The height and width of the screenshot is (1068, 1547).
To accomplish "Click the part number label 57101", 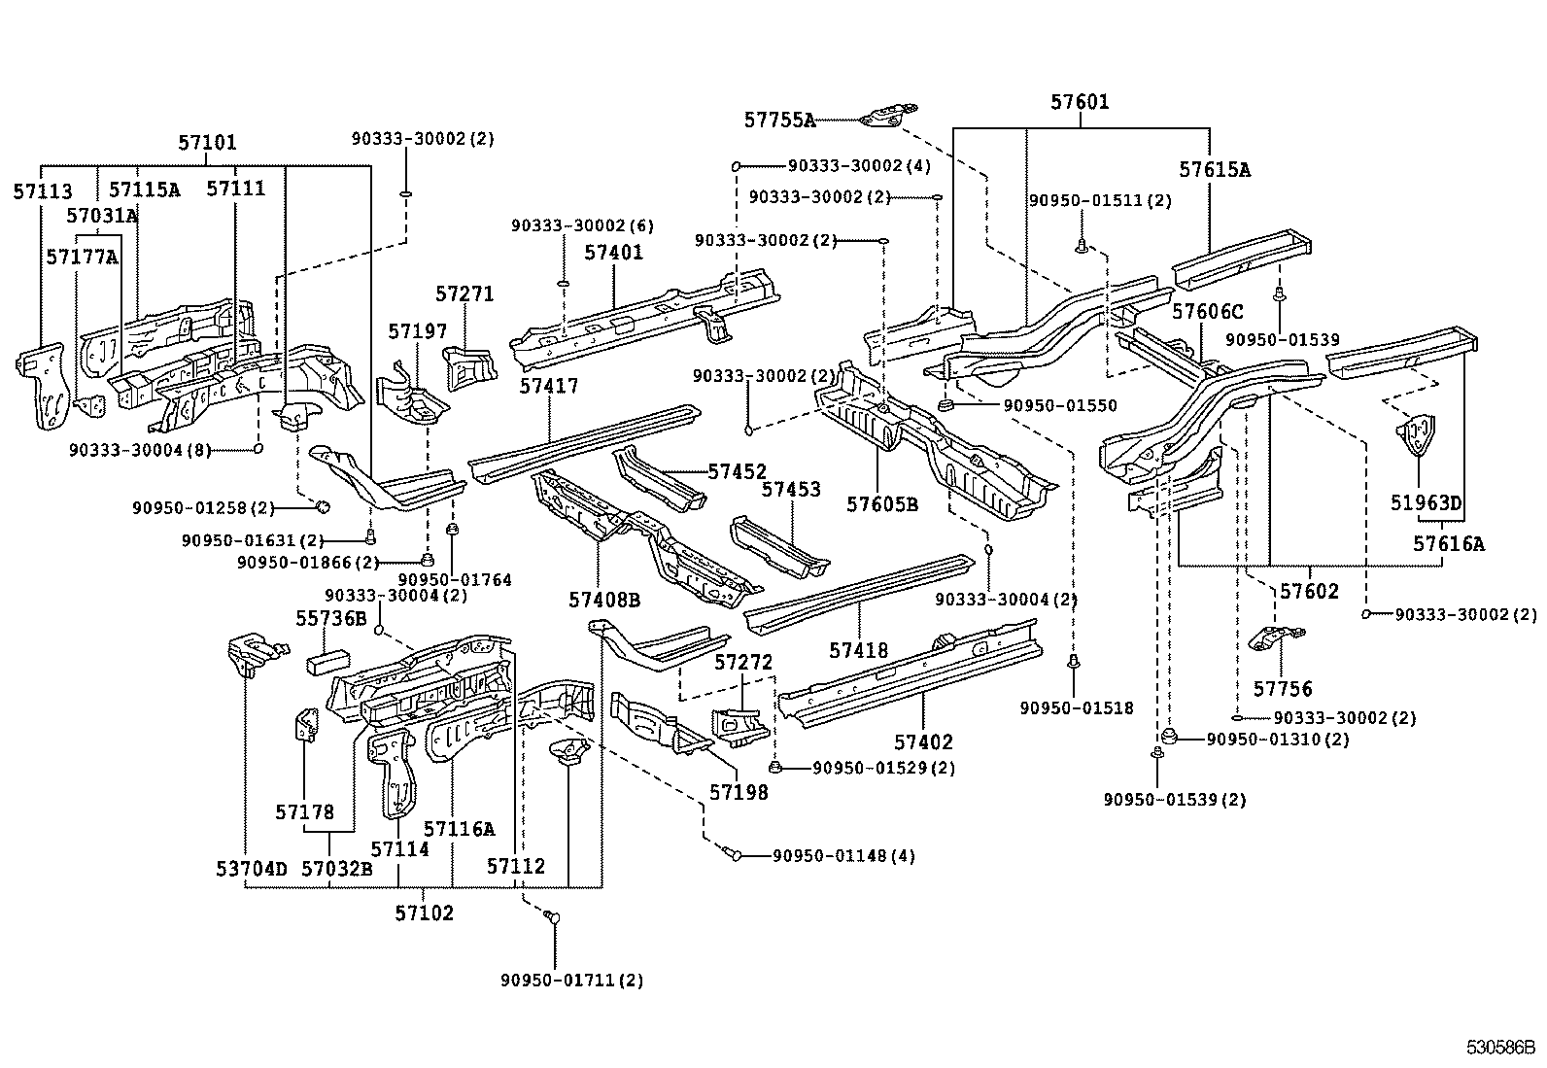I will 207,143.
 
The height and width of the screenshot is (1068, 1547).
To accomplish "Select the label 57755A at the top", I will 779,120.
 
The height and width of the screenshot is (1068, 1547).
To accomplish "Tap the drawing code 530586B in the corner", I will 1499,1048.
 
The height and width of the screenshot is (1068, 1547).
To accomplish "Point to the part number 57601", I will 1080,102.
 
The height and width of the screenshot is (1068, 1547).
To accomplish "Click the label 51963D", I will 1425,503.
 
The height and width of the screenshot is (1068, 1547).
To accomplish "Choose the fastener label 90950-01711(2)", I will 572,980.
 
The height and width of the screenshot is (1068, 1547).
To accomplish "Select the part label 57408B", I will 604,601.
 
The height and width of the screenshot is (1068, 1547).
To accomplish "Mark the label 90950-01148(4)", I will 843,856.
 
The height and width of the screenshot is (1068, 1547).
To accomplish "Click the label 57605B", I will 881,504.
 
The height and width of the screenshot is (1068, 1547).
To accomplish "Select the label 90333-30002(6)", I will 582,225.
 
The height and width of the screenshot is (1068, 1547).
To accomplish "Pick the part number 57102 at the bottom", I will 424,913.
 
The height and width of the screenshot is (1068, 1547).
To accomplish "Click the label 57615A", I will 1215,169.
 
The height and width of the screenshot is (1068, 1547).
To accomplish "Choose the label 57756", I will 1283,689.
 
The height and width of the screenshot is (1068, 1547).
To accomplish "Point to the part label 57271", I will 464,293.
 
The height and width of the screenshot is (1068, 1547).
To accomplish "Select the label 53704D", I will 252,868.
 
